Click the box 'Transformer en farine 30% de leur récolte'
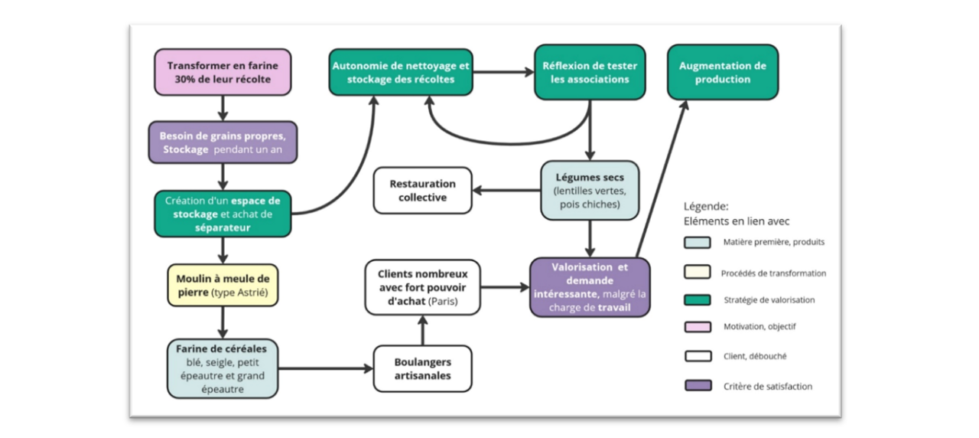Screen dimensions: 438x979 point(223,72)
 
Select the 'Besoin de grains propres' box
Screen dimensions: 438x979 point(223,142)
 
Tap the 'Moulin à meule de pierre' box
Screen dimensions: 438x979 point(223,286)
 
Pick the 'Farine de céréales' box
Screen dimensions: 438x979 point(223,369)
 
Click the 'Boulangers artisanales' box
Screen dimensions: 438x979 point(422,369)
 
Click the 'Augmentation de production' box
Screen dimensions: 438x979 point(723,72)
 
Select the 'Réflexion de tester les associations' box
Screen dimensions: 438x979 point(590,72)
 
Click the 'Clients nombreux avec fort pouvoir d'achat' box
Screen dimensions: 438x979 point(422,287)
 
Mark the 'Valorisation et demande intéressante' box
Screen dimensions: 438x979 point(590,287)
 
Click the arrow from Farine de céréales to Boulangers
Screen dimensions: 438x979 point(325,369)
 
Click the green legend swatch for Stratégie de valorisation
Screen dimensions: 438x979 point(698,300)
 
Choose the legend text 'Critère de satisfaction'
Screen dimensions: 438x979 point(767,386)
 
